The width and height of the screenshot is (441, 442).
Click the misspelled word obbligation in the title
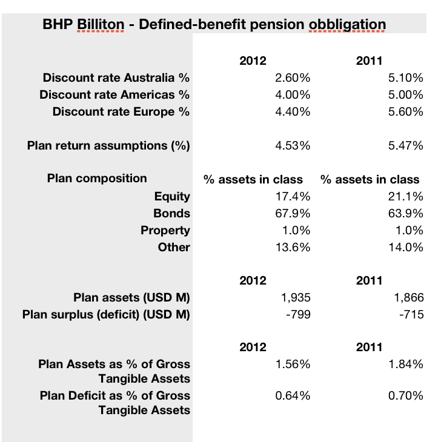tap(347, 24)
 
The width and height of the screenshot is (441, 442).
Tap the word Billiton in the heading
tap(101, 24)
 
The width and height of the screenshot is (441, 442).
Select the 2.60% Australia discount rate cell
tap(293, 78)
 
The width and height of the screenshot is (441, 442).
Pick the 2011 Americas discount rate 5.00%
tap(405, 94)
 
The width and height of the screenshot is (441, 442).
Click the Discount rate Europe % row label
tap(121, 111)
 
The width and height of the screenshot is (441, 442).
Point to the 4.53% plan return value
tap(293, 146)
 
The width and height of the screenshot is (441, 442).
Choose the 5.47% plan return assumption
tap(405, 146)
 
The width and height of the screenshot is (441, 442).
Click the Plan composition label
tap(97, 179)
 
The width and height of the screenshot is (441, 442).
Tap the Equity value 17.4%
tap(293, 196)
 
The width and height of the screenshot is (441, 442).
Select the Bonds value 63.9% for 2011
tap(405, 213)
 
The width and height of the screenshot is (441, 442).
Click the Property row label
tap(165, 231)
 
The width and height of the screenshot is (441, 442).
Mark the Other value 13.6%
tap(293, 248)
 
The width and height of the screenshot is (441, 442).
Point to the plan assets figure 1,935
tap(296, 298)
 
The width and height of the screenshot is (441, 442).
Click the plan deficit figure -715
tap(411, 315)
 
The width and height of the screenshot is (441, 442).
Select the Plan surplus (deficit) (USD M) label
tap(106, 315)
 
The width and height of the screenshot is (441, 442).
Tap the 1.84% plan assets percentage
tap(405, 364)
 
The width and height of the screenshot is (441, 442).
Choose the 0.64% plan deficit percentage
tap(293, 396)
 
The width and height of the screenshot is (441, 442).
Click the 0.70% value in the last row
tap(405, 396)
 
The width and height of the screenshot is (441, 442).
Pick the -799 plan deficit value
tap(298, 315)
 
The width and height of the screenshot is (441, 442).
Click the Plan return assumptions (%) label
tap(108, 146)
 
